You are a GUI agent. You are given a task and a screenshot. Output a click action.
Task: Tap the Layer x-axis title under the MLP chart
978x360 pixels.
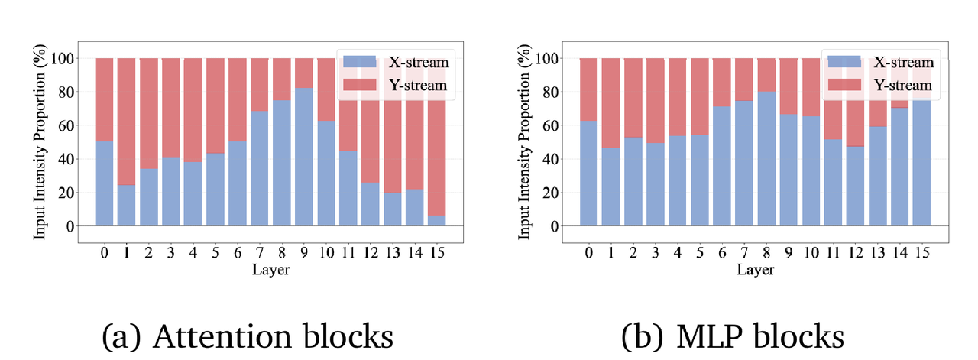756,270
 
